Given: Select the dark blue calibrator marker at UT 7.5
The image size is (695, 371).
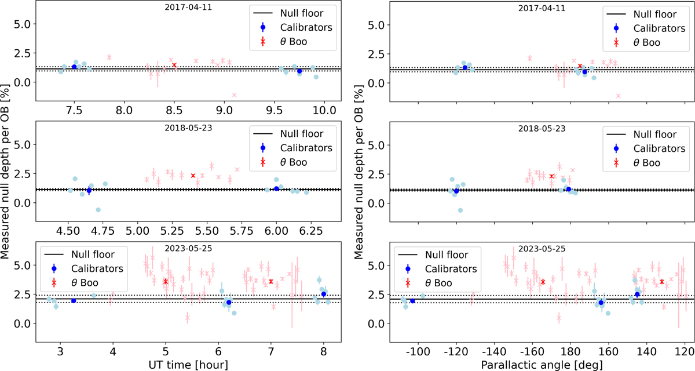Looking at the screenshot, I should pyautogui.click(x=74, y=67).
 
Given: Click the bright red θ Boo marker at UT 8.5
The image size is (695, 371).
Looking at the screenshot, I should pyautogui.click(x=174, y=66).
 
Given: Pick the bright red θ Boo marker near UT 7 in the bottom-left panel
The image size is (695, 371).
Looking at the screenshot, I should pyautogui.click(x=271, y=282).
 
